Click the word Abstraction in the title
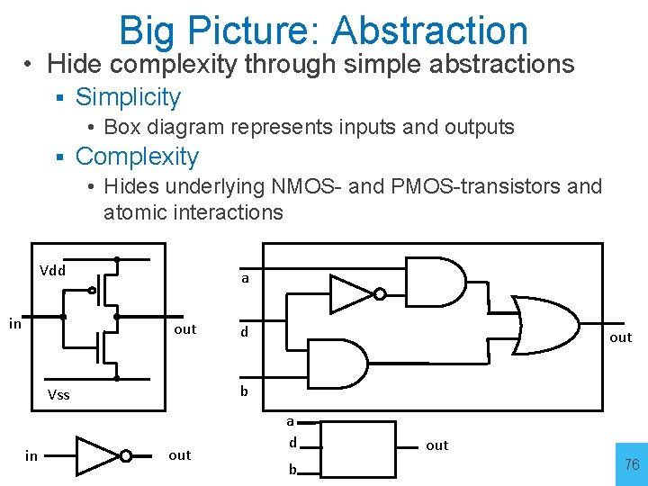pos(429,30)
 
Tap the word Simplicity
pos(128,97)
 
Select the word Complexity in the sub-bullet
pos(137,157)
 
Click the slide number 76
pos(632,464)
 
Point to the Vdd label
pos(53,270)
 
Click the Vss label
pos(58,394)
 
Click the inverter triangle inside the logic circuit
pos(351,293)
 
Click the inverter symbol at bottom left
pos(100,456)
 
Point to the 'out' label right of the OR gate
pos(621,337)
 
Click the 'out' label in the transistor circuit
pos(184,329)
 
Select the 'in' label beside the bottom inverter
pos(31,456)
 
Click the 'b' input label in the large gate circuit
pos(244,391)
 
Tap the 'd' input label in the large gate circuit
pos(243,332)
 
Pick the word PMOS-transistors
pos(461,186)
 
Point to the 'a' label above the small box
pos(291,420)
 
